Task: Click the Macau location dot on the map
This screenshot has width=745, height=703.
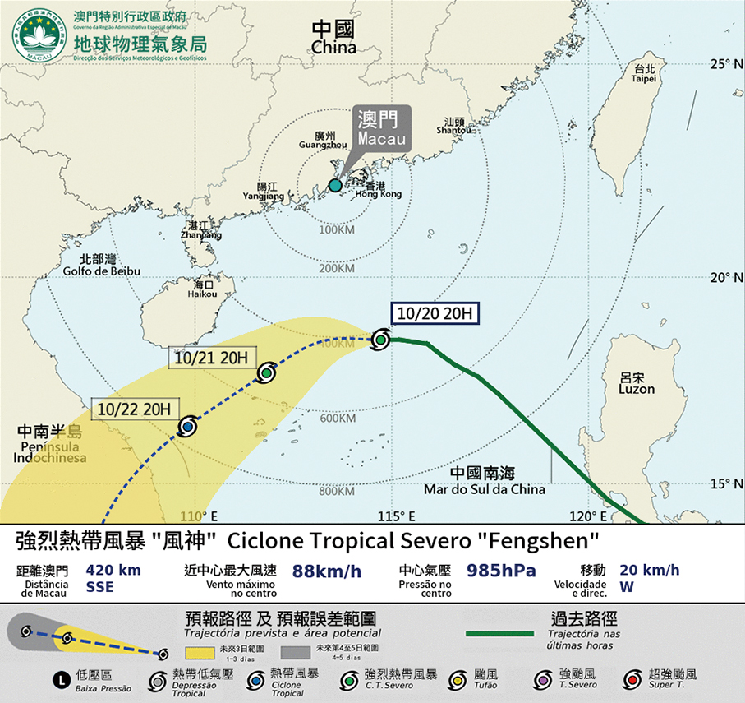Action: pyautogui.click(x=335, y=186)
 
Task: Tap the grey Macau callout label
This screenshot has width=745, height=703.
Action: pyautogui.click(x=382, y=128)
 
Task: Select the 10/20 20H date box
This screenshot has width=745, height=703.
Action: pyautogui.click(x=434, y=313)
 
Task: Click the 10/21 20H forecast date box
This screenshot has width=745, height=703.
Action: pyautogui.click(x=213, y=358)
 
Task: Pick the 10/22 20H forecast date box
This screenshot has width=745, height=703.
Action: pyautogui.click(x=133, y=408)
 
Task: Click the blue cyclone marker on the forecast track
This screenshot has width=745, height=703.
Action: pyautogui.click(x=188, y=427)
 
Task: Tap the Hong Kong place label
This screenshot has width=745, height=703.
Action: pyautogui.click(x=378, y=190)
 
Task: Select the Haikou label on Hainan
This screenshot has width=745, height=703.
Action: pyautogui.click(x=202, y=289)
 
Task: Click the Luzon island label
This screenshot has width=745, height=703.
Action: pyautogui.click(x=637, y=383)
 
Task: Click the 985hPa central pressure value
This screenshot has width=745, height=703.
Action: pyautogui.click(x=501, y=571)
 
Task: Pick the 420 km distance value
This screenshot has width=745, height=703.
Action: pyautogui.click(x=113, y=570)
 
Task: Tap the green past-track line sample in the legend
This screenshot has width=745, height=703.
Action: pyautogui.click(x=499, y=634)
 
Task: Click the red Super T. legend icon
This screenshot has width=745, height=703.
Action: pyautogui.click(x=630, y=679)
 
